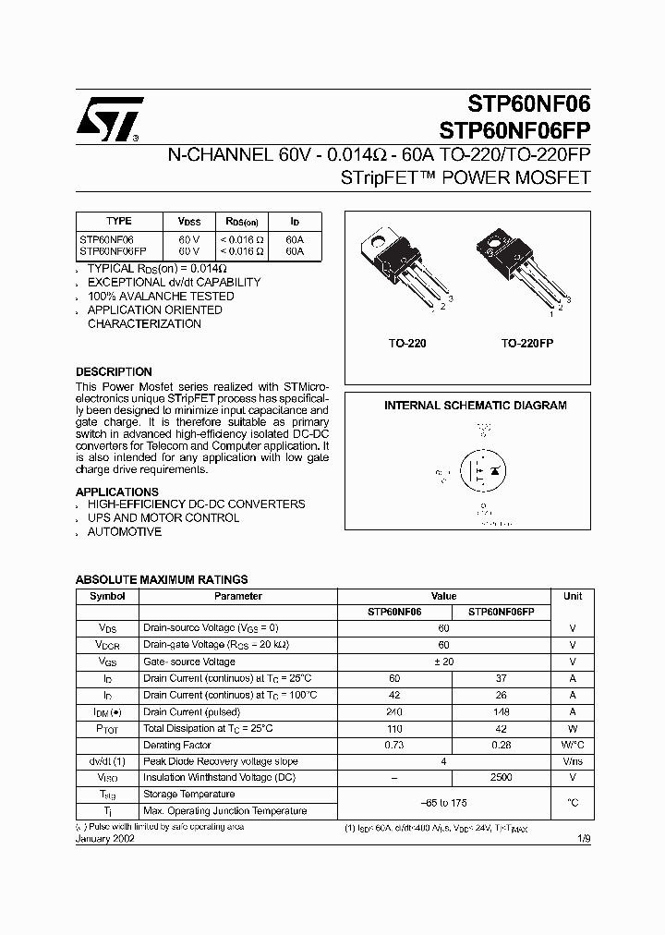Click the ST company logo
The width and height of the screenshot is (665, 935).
click(109, 119)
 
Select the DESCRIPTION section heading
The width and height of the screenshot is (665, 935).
click(114, 372)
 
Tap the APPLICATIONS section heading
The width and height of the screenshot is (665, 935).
click(116, 492)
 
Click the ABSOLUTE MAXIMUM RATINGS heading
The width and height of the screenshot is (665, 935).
click(162, 579)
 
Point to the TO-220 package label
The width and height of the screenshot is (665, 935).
click(406, 343)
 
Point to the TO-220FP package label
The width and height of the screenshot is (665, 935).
click(527, 343)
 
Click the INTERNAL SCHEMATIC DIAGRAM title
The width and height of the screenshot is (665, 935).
click(475, 406)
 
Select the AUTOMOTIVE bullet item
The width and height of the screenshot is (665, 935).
click(125, 532)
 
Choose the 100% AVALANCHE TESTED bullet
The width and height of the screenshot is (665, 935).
click(161, 297)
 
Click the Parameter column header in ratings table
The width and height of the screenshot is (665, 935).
click(238, 597)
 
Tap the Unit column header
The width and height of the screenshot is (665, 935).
click(573, 597)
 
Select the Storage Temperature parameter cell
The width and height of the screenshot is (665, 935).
click(188, 795)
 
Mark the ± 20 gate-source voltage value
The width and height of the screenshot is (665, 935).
click(443, 662)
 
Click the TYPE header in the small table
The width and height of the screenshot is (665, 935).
click(119, 222)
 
